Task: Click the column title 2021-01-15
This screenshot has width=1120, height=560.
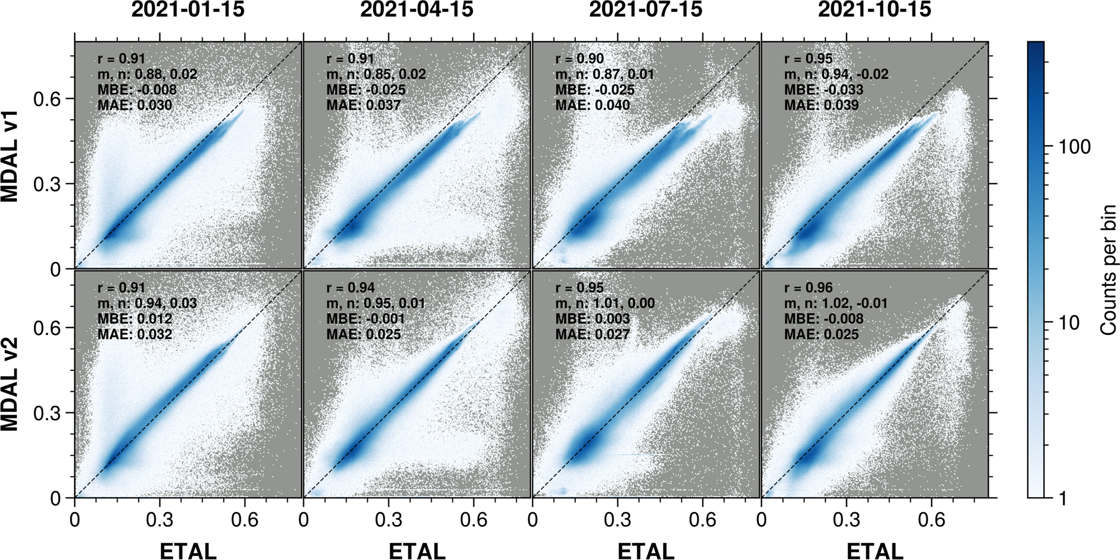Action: [188, 10]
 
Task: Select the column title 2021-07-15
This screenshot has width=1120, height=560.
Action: [646, 10]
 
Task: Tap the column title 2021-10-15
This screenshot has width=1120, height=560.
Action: [875, 10]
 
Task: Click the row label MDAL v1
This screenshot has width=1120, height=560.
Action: [10, 156]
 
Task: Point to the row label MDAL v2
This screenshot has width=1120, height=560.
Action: [10, 384]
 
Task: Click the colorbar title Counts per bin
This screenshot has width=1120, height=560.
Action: [1108, 269]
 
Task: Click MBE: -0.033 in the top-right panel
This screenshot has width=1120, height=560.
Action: [824, 89]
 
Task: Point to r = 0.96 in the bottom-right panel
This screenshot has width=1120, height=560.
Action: [809, 287]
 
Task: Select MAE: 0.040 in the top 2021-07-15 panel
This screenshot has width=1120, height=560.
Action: [592, 105]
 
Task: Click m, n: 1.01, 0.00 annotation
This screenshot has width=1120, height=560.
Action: [605, 303]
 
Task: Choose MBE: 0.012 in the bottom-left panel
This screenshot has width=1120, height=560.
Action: [135, 318]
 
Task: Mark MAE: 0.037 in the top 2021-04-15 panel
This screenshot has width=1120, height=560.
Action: [363, 105]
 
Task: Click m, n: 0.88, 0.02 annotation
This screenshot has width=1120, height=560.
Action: [147, 74]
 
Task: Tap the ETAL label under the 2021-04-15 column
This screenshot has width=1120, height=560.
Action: [417, 550]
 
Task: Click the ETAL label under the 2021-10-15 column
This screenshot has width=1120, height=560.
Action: [875, 550]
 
